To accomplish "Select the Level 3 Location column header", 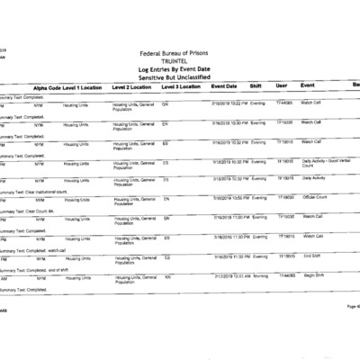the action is pos(180,86).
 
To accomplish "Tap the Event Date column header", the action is pos(224,86).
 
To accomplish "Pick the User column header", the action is pos(282,86).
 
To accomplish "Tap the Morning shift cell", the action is pos(259,276).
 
